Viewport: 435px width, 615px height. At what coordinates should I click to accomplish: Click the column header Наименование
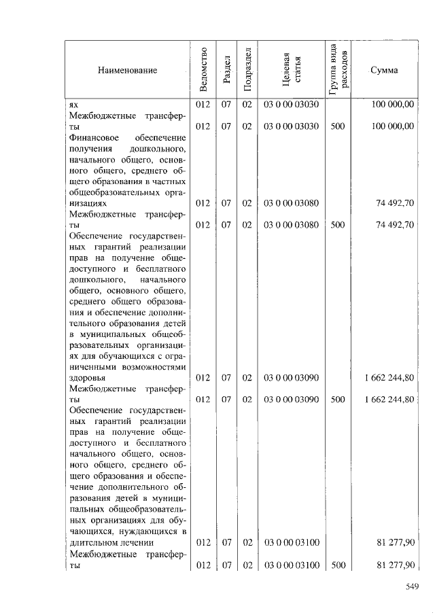(127, 70)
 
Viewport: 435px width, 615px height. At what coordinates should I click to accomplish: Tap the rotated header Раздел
(227, 70)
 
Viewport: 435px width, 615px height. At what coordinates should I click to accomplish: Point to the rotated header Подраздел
(247, 70)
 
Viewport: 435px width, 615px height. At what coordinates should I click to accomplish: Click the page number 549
(410, 586)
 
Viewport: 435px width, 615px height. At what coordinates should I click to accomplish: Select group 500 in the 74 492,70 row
(337, 224)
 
